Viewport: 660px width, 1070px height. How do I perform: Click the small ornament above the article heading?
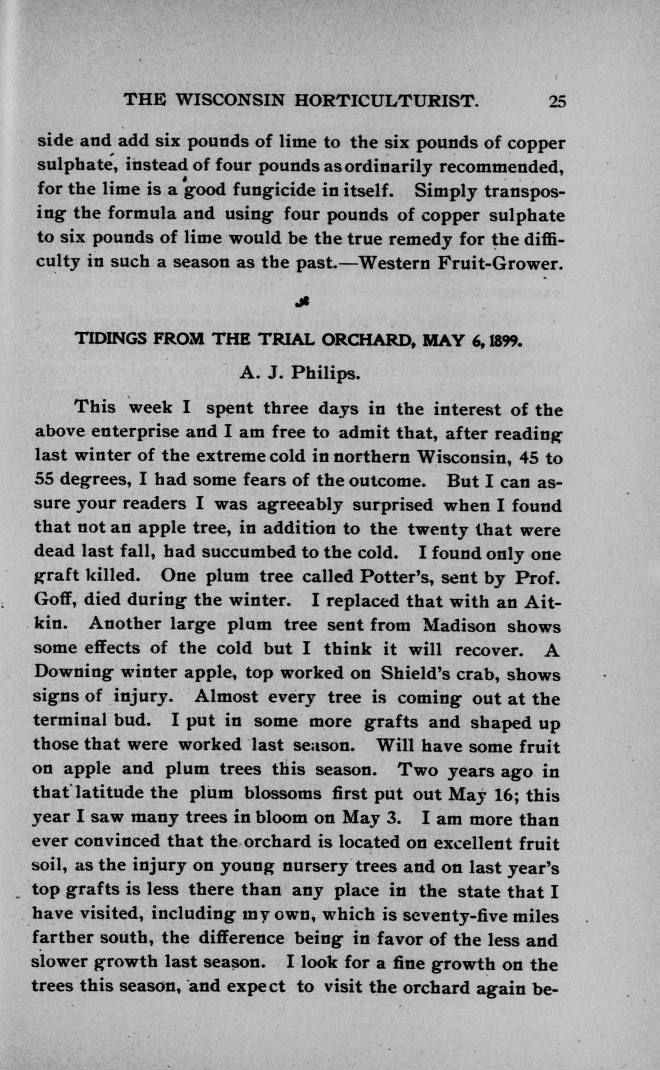pyautogui.click(x=303, y=301)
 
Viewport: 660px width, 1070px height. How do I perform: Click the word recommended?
pyautogui.click(x=502, y=167)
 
